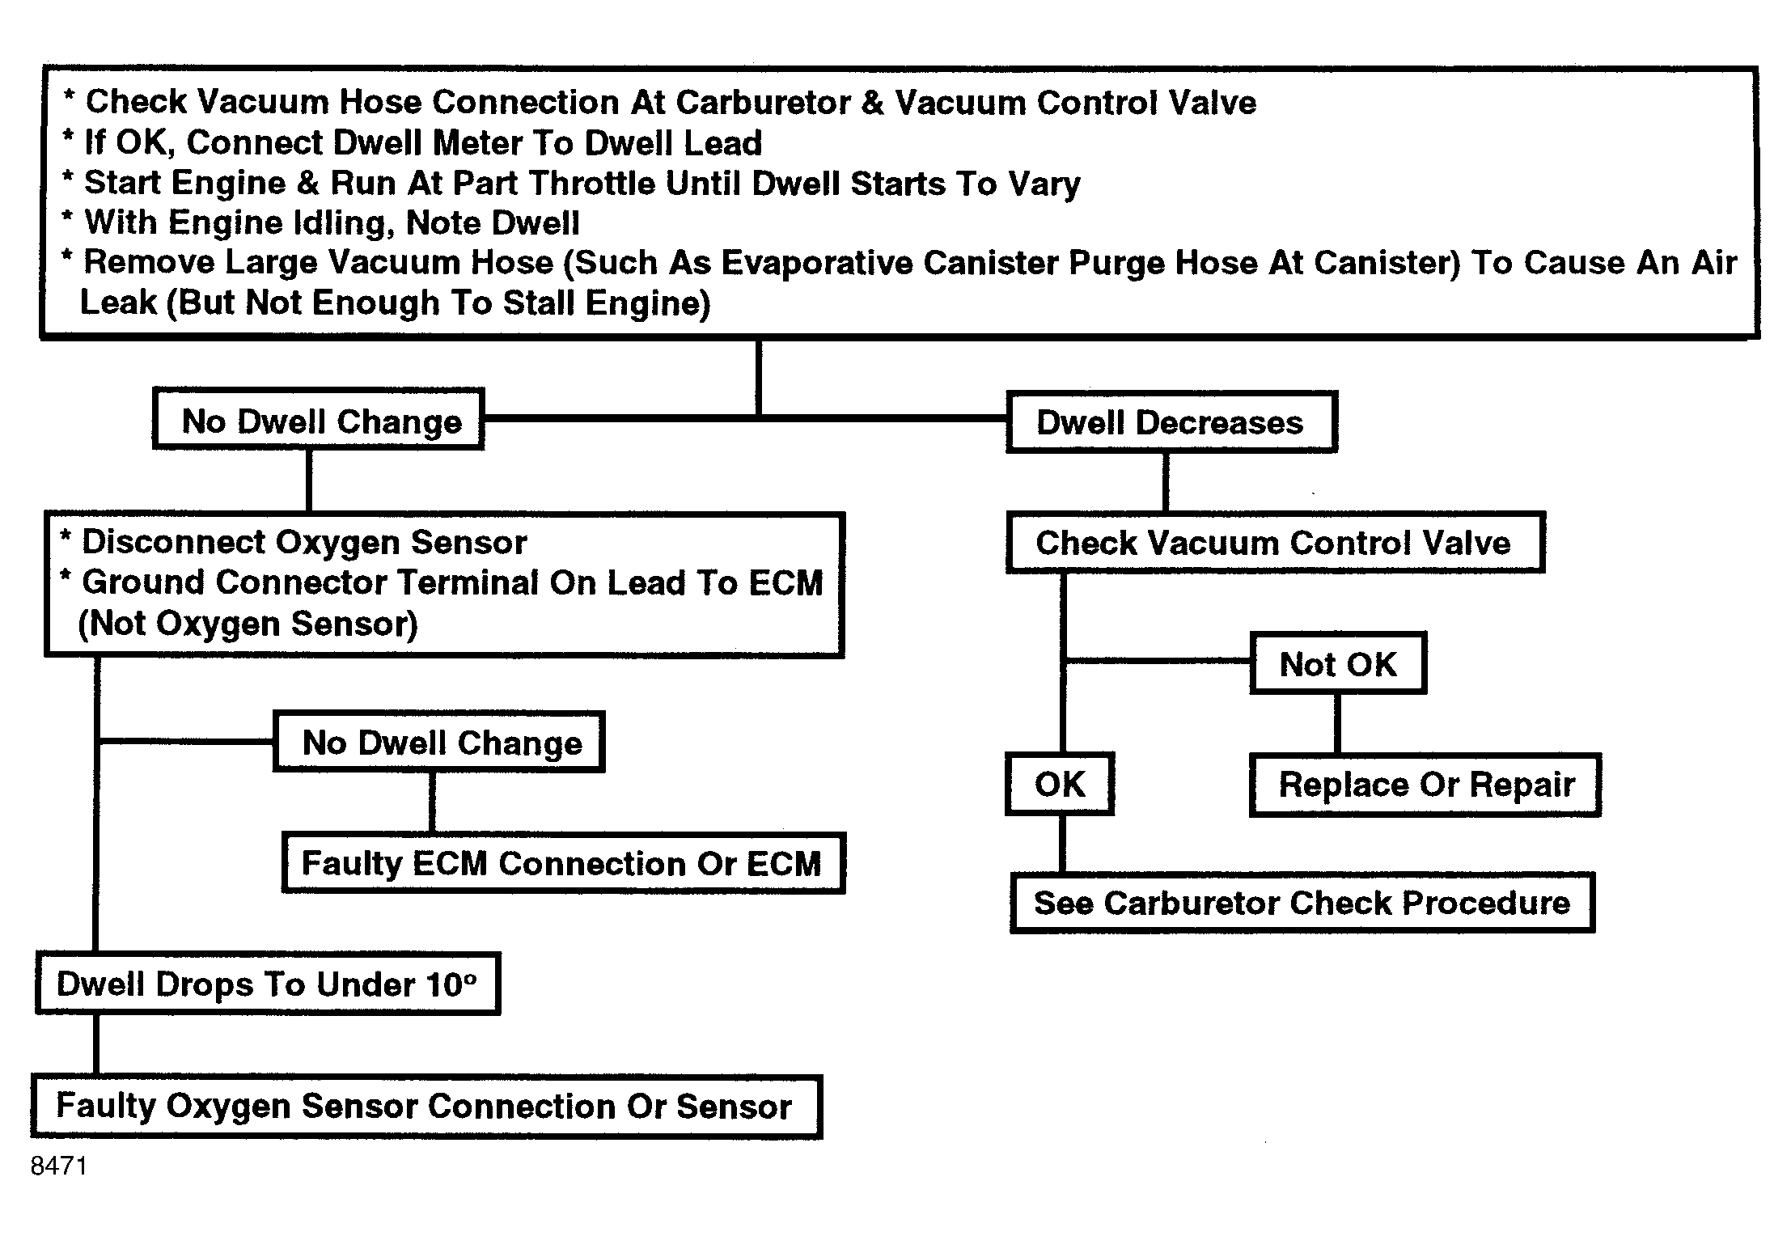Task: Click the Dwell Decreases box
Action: point(1171,421)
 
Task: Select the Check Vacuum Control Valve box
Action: point(1275,542)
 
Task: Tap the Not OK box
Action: point(1338,663)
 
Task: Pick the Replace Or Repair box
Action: point(1425,785)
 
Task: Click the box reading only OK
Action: point(1060,784)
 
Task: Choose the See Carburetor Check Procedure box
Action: point(1302,903)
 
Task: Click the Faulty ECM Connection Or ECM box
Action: point(563,863)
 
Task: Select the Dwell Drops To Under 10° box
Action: point(268,984)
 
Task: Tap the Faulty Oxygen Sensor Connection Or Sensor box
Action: point(426,1107)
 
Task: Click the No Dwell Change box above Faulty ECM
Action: point(439,742)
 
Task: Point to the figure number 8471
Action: point(58,1166)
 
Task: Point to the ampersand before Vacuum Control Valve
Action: point(872,103)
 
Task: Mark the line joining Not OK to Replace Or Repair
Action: point(1336,724)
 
